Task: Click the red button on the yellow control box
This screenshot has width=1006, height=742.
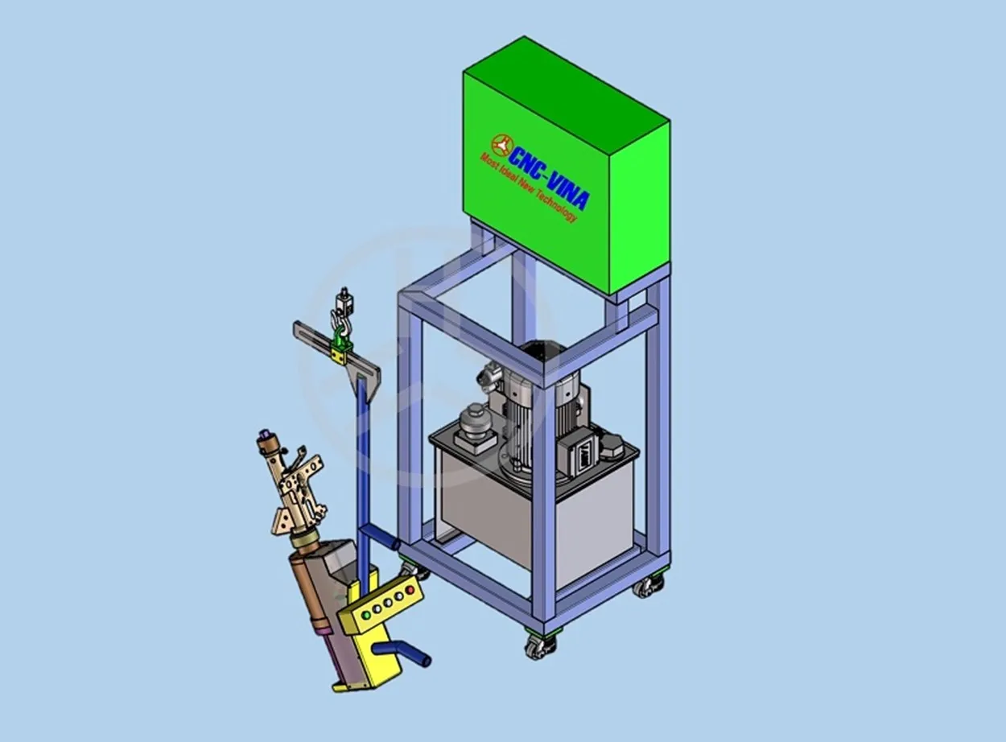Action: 410,590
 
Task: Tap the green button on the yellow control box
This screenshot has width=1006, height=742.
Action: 366,615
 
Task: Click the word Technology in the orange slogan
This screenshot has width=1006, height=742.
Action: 556,204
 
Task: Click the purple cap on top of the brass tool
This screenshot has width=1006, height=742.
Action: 264,434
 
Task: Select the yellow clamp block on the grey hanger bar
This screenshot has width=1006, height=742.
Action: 339,357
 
